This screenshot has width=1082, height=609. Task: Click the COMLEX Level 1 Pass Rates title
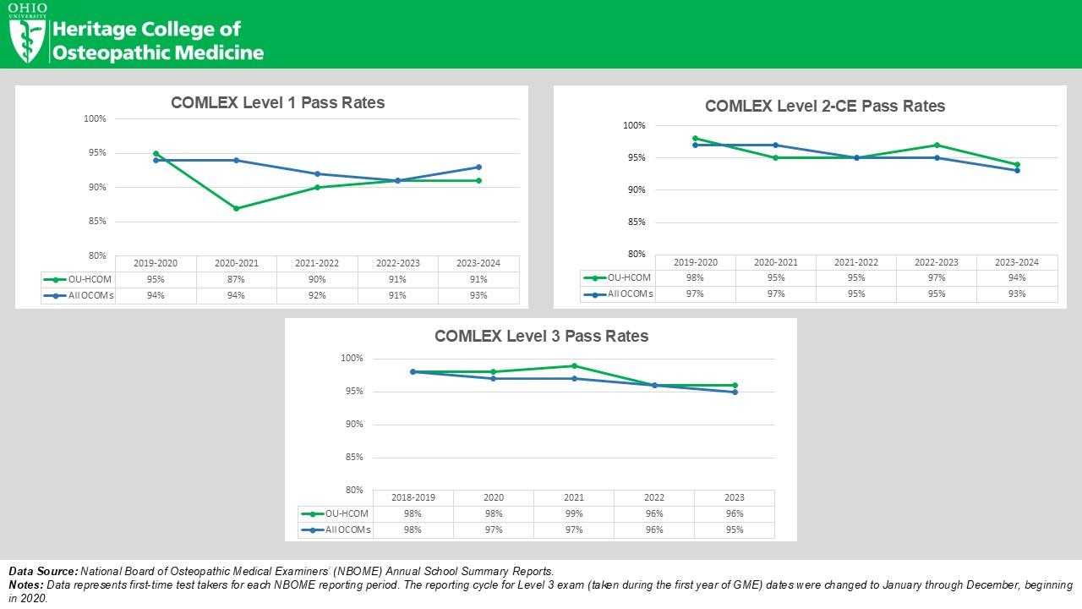point(277,102)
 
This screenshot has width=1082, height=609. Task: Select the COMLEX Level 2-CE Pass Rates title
point(824,106)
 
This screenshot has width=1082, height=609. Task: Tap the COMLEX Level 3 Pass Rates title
point(541,336)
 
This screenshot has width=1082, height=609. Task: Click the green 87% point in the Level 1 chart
point(236,208)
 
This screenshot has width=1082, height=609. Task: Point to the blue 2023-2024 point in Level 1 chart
point(478,167)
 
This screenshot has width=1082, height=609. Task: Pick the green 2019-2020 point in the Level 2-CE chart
point(695,138)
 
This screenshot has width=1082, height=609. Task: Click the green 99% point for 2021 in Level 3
point(574,365)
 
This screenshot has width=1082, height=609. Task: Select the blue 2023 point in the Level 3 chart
point(735,392)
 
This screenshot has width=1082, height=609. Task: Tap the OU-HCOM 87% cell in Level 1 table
point(236,279)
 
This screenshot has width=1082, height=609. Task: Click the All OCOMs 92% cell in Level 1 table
point(316,295)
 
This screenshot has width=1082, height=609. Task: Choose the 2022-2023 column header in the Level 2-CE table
point(936,262)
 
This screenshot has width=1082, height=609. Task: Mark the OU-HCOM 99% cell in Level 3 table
point(574,513)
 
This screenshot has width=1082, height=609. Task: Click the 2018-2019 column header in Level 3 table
point(413,497)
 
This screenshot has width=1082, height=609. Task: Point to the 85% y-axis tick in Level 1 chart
point(96,222)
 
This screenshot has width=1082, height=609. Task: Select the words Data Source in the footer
point(43,572)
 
